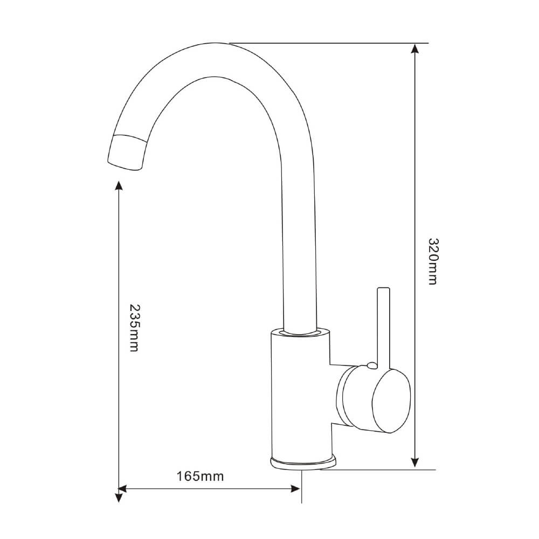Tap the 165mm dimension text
pyautogui.click(x=200, y=476)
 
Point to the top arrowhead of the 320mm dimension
pyautogui.click(x=414, y=49)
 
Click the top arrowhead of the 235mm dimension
pyautogui.click(x=119, y=186)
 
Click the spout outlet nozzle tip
pyautogui.click(x=128, y=153)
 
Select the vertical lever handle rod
pyautogui.click(x=383, y=323)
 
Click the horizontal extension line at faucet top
pyautogui.click(x=329, y=43)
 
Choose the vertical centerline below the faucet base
pyautogui.click(x=302, y=488)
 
